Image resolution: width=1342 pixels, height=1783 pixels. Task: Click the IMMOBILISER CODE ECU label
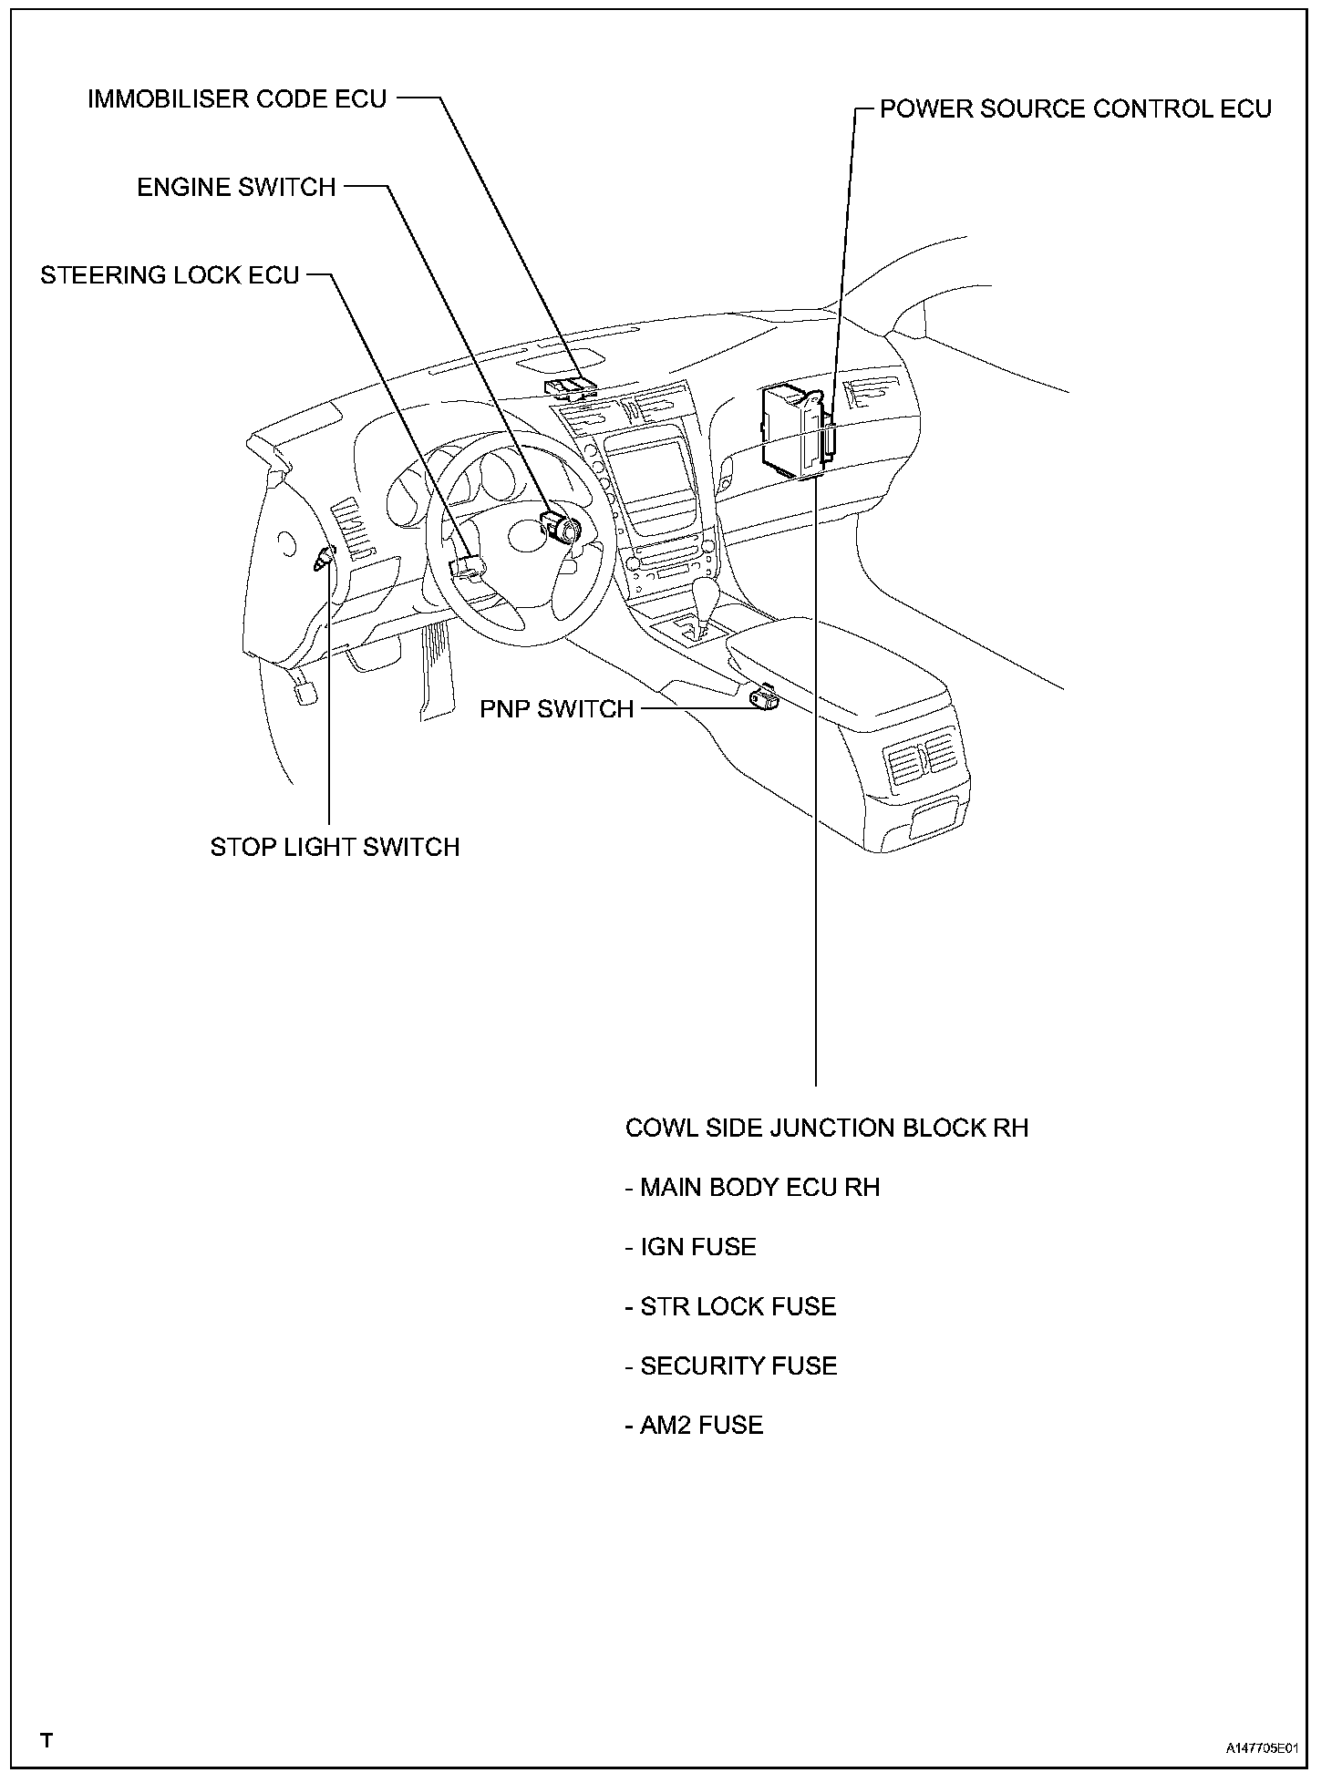(x=237, y=98)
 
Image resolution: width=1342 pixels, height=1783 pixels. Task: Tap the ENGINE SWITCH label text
(x=236, y=187)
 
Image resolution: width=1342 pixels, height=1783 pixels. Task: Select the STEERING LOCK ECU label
(x=170, y=274)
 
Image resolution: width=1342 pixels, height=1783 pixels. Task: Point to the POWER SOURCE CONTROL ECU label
(x=1075, y=109)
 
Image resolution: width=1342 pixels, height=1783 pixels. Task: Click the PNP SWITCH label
(x=556, y=708)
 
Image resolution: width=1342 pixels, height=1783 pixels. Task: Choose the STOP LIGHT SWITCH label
(x=335, y=847)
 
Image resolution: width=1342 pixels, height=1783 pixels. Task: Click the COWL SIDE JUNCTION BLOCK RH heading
(x=826, y=1128)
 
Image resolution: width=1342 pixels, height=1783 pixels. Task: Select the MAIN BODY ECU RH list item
(x=753, y=1187)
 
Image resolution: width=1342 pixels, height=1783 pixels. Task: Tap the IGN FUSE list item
(x=691, y=1246)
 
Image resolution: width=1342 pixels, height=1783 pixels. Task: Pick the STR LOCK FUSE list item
(x=731, y=1306)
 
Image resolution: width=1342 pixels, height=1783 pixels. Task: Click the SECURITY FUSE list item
(x=731, y=1366)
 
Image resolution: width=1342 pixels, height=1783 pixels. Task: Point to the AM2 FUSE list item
(x=695, y=1425)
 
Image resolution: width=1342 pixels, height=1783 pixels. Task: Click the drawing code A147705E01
(x=1261, y=1749)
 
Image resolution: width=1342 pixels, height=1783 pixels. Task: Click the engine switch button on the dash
(x=559, y=527)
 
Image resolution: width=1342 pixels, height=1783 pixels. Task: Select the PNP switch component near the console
(x=763, y=697)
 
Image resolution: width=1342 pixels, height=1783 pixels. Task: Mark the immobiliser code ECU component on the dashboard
(x=570, y=387)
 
